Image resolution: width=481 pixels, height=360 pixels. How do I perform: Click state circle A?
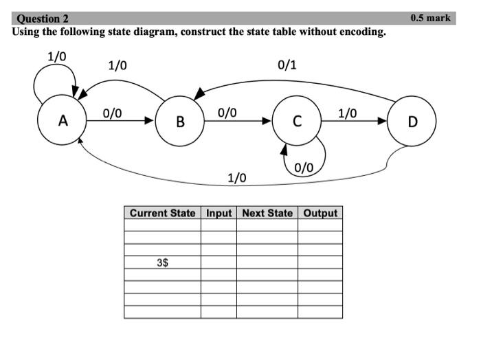63,121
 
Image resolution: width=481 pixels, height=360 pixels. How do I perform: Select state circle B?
180,122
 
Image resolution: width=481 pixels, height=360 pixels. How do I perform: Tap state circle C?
297,121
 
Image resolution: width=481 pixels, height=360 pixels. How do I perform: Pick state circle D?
412,122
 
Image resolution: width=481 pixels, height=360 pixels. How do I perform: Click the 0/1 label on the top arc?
287,65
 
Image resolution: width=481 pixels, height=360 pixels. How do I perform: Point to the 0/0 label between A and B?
113,113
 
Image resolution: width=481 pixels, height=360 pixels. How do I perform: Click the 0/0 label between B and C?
227,113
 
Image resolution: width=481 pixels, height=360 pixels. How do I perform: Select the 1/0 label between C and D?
347,113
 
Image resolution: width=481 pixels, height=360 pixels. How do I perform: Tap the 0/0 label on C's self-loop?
303,168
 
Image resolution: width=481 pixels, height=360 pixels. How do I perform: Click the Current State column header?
163,213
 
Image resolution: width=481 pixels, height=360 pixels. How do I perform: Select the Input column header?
219,213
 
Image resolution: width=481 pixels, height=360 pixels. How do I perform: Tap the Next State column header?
267,213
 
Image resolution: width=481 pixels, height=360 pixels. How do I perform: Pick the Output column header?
320,213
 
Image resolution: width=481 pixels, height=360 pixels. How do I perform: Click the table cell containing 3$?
163,262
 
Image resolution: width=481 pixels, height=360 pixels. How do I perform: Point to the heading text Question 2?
43,19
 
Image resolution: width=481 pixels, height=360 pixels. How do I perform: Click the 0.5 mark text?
430,18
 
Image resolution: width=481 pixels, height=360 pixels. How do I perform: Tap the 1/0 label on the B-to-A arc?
118,66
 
